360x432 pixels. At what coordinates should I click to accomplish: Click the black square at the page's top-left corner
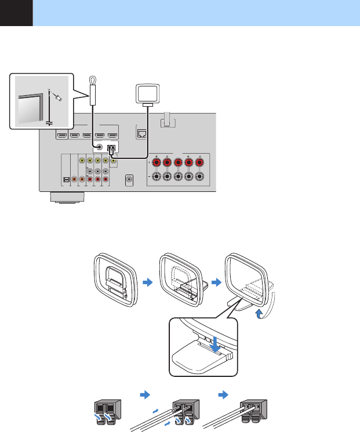tap(16, 13)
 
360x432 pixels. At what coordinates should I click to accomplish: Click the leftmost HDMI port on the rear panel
tap(60, 136)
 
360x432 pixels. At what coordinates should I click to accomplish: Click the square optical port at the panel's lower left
tap(66, 180)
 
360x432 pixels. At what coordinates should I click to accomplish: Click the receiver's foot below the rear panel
tap(68, 198)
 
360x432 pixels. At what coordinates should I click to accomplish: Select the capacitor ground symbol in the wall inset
tap(49, 122)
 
